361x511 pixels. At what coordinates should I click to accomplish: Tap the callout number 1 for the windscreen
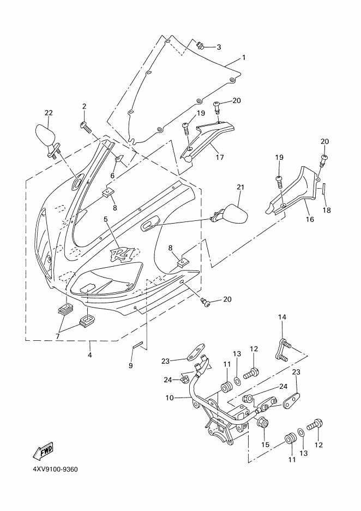[243, 57]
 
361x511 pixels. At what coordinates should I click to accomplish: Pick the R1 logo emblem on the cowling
[123, 253]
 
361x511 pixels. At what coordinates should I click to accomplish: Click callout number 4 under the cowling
[89, 355]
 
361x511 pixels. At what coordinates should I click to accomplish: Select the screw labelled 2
[85, 127]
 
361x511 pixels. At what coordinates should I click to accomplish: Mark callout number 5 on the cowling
[105, 220]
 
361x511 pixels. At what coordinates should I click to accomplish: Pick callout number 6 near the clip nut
[113, 176]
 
